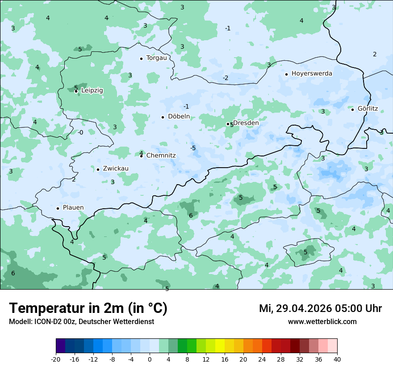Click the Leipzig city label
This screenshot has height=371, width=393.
tap(92, 90)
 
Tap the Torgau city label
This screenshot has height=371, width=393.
tap(156, 58)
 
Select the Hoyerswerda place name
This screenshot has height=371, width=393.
tap(312, 73)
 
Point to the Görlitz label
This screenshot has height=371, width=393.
tap(368, 109)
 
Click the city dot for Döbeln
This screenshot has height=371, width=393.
tap(163, 117)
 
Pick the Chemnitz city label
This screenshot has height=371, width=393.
tap(161, 156)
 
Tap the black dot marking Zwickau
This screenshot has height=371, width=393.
tap(98, 169)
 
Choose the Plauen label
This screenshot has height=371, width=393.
tap(73, 208)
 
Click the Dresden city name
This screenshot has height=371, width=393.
tap(246, 123)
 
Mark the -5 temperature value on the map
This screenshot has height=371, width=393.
tap(193, 148)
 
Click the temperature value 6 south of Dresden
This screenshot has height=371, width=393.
tap(191, 215)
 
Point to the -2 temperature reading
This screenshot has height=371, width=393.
tap(226, 78)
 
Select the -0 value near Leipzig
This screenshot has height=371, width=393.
tap(80, 132)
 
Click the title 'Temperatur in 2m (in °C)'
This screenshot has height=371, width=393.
tap(88, 308)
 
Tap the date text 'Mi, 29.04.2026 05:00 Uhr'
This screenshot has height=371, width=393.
tap(320, 308)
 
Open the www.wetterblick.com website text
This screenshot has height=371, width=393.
tap(322, 321)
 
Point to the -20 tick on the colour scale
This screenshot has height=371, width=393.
tap(56, 359)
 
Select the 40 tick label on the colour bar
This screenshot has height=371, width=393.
tap(337, 359)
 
